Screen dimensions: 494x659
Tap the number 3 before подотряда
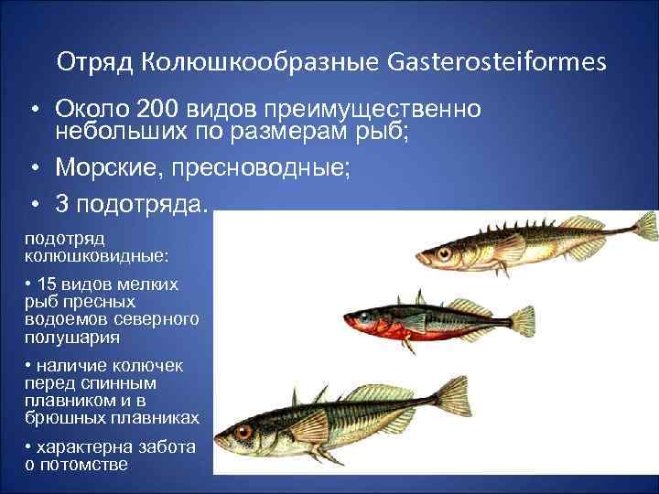coord(63,200)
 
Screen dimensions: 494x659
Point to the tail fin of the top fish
coord(643,224)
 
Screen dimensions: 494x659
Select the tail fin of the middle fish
coord(523,319)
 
